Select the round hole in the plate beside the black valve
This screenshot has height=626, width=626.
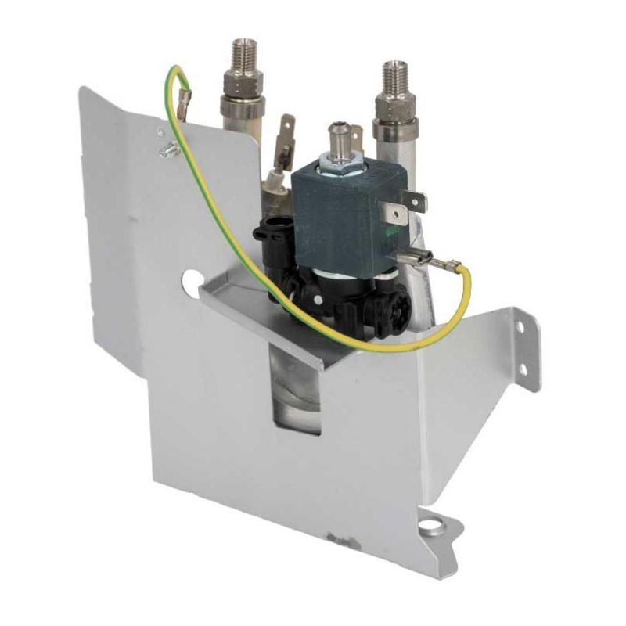pos(190,277)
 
